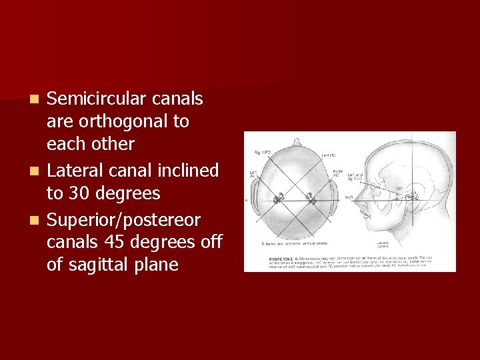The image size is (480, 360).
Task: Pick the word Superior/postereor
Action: click(x=123, y=220)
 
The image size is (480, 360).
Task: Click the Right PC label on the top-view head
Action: click(x=262, y=153)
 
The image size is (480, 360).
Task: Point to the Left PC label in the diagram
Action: click(x=328, y=155)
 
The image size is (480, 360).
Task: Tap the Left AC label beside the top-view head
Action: click(x=253, y=175)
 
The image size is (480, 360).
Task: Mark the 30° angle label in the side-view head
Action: click(x=398, y=189)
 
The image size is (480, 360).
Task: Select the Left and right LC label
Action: click(x=355, y=177)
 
